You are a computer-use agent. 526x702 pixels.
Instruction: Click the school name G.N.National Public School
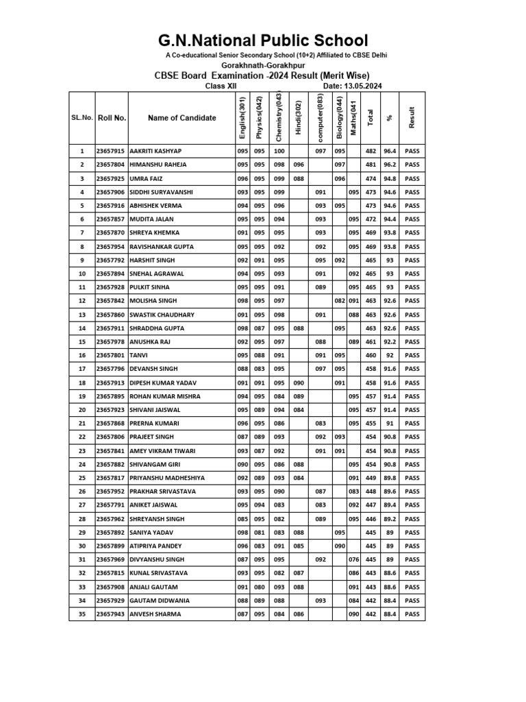point(263,40)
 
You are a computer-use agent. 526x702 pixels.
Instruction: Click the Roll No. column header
point(112,118)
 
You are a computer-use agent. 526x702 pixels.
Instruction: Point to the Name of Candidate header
point(181,118)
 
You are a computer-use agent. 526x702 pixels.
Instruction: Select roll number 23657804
point(111,165)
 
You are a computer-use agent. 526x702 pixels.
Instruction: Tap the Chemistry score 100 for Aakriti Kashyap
point(279,151)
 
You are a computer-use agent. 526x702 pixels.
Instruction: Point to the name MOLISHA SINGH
point(153,301)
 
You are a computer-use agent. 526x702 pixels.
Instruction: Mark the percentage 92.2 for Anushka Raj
point(390,341)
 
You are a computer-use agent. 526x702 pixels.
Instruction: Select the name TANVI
point(138,355)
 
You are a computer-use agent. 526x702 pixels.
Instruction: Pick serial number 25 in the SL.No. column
point(82,478)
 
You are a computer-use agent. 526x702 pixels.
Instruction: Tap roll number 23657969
point(111,559)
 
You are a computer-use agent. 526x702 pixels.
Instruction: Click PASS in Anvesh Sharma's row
point(412,614)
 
